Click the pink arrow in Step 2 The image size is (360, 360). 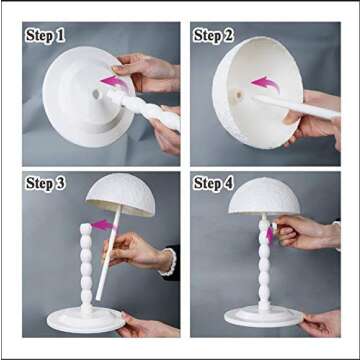[x=262, y=83]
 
